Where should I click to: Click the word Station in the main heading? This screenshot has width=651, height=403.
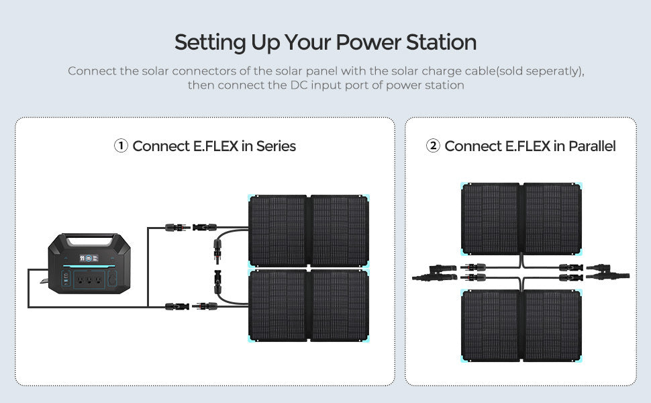pyautogui.click(x=441, y=42)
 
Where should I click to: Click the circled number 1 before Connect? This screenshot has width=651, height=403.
pyautogui.click(x=121, y=146)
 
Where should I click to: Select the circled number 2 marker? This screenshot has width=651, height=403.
pyautogui.click(x=433, y=146)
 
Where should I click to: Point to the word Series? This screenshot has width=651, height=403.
pyautogui.click(x=276, y=146)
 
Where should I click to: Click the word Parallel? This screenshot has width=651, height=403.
pyautogui.click(x=592, y=146)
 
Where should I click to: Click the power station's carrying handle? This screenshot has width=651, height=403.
pyautogui.click(x=89, y=240)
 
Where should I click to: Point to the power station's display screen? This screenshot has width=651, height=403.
pyautogui.click(x=89, y=259)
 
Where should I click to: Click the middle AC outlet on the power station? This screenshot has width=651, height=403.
pyautogui.click(x=89, y=279)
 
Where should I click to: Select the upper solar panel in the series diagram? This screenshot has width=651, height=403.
pyautogui.click(x=309, y=230)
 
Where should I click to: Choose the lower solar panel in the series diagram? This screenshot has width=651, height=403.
pyautogui.click(x=309, y=306)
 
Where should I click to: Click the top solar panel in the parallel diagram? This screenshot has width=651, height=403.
pyautogui.click(x=521, y=218)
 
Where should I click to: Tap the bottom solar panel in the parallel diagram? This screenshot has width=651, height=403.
pyautogui.click(x=521, y=326)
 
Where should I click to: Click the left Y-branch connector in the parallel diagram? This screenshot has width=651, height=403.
pyautogui.click(x=434, y=273)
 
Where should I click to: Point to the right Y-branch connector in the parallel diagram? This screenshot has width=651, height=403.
pyautogui.click(x=607, y=272)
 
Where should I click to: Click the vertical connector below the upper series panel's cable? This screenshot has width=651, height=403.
pyautogui.click(x=217, y=251)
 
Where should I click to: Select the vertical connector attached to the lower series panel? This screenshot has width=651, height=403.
pyautogui.click(x=217, y=282)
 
